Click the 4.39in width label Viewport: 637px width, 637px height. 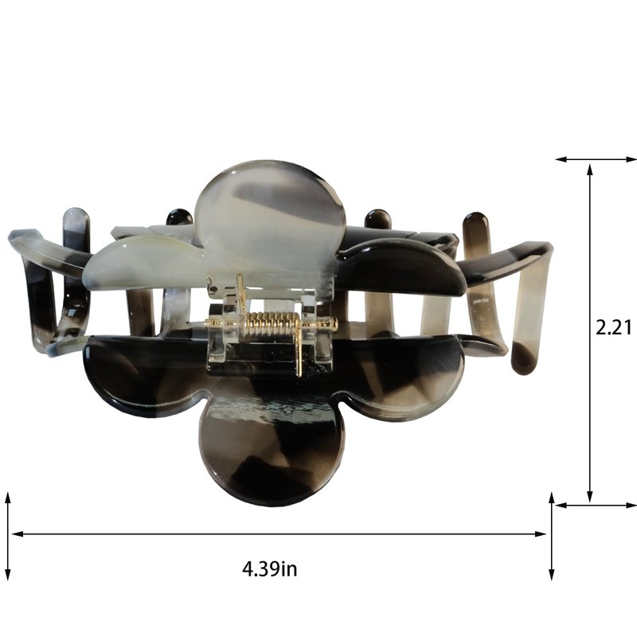click(270, 569)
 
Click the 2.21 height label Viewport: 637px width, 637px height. click(613, 327)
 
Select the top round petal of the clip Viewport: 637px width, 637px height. click(270, 211)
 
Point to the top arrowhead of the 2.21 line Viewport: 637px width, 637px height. click(590, 170)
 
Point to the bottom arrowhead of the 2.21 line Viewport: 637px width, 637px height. click(590, 495)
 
